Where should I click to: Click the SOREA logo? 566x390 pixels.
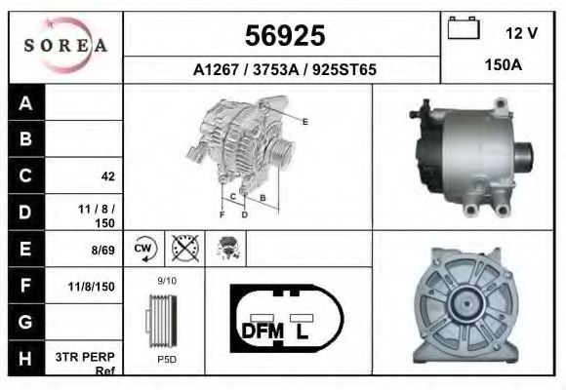[65, 45]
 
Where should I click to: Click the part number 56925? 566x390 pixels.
[285, 36]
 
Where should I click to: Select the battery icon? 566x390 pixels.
[464, 27]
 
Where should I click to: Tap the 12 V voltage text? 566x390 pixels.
[521, 33]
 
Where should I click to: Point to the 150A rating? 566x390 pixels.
[504, 65]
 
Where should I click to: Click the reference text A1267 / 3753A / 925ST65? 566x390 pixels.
[284, 69]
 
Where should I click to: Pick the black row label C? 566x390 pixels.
[26, 175]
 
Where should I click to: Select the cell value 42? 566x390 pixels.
[108, 176]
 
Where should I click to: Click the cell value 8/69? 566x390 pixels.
[102, 250]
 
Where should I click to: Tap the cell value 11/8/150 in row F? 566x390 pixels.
[92, 287]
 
